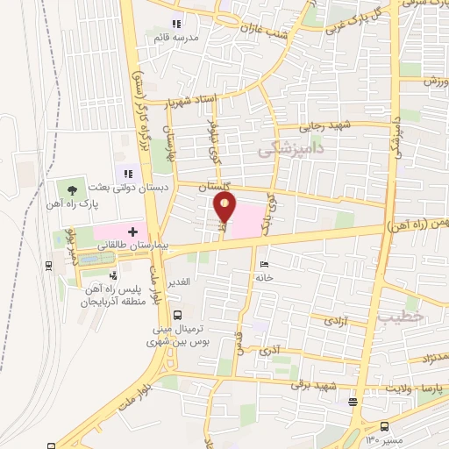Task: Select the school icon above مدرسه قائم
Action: pyautogui.click(x=176, y=24)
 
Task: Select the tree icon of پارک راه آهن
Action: pyautogui.click(x=72, y=187)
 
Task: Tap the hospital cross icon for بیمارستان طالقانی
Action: pyautogui.click(x=132, y=232)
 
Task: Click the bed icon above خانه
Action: pyautogui.click(x=265, y=262)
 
